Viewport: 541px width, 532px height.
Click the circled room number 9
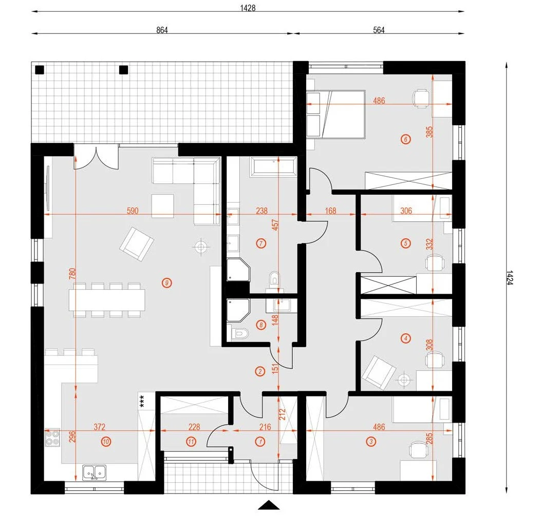click(x=166, y=283)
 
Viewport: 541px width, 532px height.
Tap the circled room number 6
click(x=405, y=139)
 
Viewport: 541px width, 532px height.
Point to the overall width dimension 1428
click(x=248, y=8)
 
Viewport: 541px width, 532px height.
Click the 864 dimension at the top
click(x=162, y=30)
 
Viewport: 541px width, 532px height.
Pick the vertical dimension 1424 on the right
click(x=510, y=277)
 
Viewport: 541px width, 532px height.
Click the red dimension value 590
click(x=133, y=211)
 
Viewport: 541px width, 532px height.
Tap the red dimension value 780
click(x=72, y=274)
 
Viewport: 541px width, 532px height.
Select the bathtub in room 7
click(x=274, y=167)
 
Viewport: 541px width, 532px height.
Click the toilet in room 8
click(x=240, y=333)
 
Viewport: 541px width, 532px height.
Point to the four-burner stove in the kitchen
click(x=52, y=438)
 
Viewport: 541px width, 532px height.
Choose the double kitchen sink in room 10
click(x=94, y=472)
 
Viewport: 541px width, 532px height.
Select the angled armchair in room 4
click(x=379, y=373)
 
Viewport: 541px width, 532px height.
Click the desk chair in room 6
click(x=421, y=98)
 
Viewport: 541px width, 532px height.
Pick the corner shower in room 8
click(x=238, y=311)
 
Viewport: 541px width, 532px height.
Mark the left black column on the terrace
click(x=40, y=70)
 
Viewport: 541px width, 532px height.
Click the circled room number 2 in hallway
click(x=260, y=371)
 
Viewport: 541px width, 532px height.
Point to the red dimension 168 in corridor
click(x=330, y=211)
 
